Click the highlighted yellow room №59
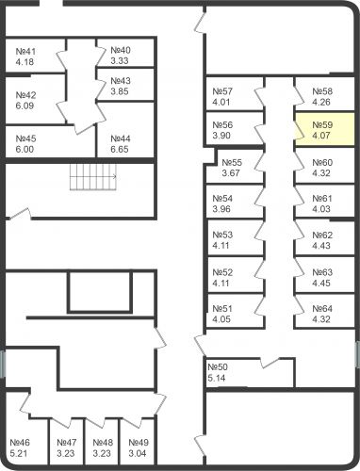pyautogui.click(x=324, y=129)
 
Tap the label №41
pyautogui.click(x=26, y=51)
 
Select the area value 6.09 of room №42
pyautogui.click(x=25, y=106)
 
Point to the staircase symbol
pyautogui.click(x=91, y=176)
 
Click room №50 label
pyautogui.click(x=218, y=366)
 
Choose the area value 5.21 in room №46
pyautogui.click(x=20, y=453)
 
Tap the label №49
pyautogui.click(x=139, y=443)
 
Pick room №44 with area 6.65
pyautogui.click(x=120, y=143)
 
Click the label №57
pyautogui.click(x=222, y=91)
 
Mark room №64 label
pyautogui.click(x=322, y=309)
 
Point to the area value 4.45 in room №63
pyautogui.click(x=322, y=283)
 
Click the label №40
pyautogui.click(x=120, y=50)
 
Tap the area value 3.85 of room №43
pyautogui.click(x=120, y=91)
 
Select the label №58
pyautogui.click(x=322, y=91)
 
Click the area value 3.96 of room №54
pyautogui.click(x=222, y=209)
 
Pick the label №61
pyautogui.click(x=322, y=199)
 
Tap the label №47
pyautogui.click(x=67, y=443)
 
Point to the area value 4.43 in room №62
pyautogui.click(x=322, y=246)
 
